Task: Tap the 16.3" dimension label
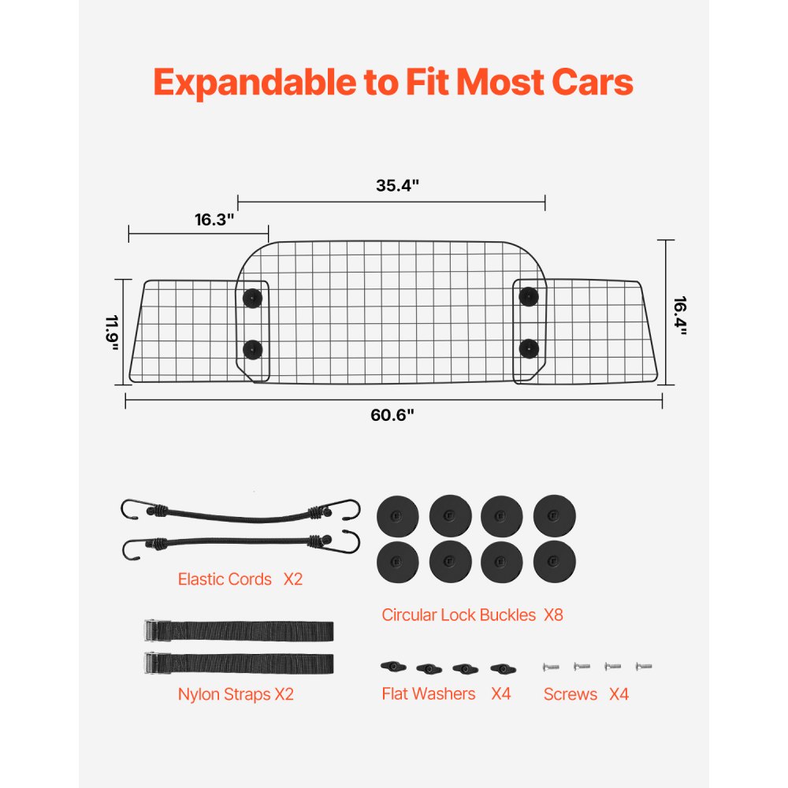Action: coord(216,220)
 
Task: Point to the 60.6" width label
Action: coord(392,415)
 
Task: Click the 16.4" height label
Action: coord(680,315)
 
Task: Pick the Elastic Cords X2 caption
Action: coord(240,579)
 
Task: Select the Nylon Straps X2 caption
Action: coord(236,694)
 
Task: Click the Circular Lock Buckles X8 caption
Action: coord(472,615)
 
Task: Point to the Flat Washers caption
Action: coord(429,694)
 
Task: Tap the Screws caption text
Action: coord(571,694)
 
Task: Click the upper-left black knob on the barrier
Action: coord(252,297)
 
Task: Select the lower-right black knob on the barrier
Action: coord(528,347)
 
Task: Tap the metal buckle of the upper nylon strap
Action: coord(155,631)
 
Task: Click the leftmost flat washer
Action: coord(393,667)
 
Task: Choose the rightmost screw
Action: coord(644,666)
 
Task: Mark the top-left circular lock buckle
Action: coord(398,515)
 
